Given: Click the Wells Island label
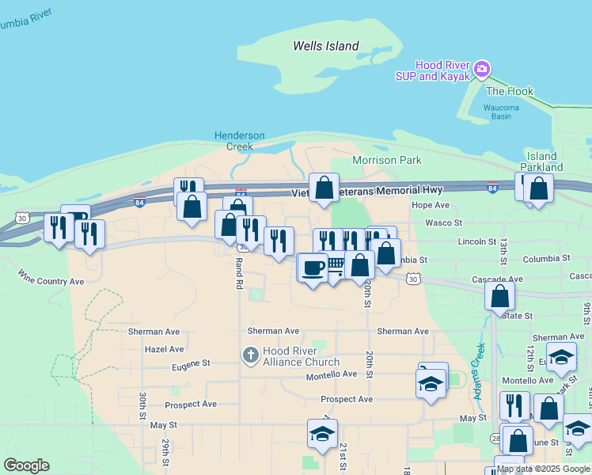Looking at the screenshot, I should (325, 46).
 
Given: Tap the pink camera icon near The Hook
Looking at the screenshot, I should (482, 70).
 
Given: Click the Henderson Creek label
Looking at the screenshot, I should (239, 141).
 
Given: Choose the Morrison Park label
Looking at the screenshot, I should (387, 160).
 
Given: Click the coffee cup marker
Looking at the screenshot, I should (312, 268).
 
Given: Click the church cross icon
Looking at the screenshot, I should (251, 355).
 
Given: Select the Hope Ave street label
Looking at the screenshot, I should (431, 205).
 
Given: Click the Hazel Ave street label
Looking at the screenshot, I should (164, 349).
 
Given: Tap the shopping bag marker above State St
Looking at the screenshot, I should (499, 296).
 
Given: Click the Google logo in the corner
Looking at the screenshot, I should (26, 465).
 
